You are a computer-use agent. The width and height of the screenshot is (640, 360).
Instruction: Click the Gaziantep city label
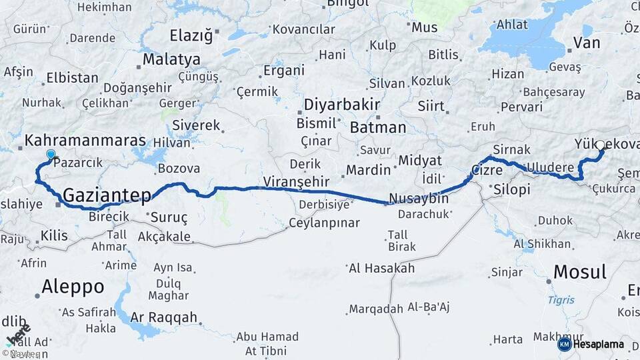click(x=106, y=195)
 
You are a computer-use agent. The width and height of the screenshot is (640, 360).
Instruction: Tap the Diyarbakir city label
click(x=341, y=105)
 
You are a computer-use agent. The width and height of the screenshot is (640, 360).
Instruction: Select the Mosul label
click(x=580, y=272)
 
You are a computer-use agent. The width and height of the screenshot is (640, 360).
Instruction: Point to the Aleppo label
click(x=73, y=287)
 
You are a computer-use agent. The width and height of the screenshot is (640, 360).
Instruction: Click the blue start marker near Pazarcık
click(x=51, y=155)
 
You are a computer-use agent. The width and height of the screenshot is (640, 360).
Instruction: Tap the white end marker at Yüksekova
click(x=600, y=145)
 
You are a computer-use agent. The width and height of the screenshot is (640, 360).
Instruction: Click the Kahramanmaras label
click(x=85, y=141)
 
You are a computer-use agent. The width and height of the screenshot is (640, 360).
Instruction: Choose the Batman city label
click(x=377, y=127)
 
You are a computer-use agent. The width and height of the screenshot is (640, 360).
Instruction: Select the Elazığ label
click(x=191, y=35)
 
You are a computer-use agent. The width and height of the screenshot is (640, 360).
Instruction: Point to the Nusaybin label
click(x=418, y=199)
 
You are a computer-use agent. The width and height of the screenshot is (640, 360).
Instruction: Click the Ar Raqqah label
click(x=164, y=317)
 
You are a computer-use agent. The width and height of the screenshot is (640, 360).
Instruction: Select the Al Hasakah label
click(x=381, y=269)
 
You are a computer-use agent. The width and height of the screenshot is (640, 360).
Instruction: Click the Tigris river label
click(x=561, y=300)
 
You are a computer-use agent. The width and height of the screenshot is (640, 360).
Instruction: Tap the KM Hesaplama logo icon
click(x=564, y=344)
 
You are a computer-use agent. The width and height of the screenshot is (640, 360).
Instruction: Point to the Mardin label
click(x=369, y=170)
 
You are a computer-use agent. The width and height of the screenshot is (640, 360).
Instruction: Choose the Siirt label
click(x=431, y=106)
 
